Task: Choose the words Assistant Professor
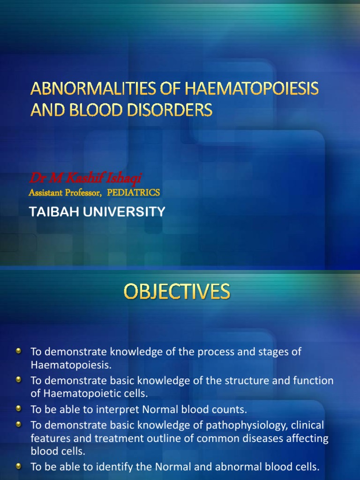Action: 65,193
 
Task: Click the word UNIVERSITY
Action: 124,212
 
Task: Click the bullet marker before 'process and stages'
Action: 18,351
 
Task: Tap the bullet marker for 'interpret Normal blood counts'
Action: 18,409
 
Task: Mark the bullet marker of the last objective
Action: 18,466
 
